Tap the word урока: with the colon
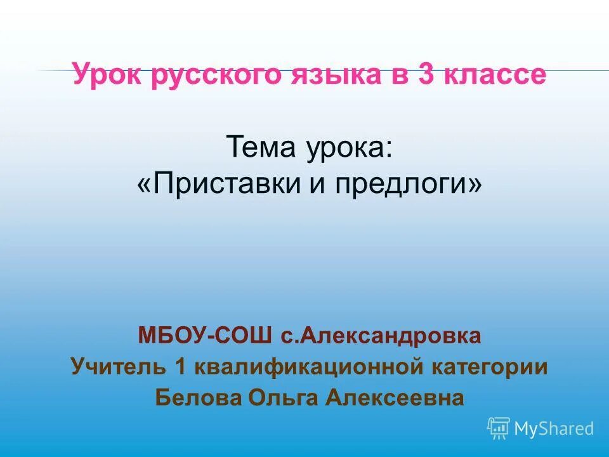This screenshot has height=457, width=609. pyautogui.click(x=350, y=149)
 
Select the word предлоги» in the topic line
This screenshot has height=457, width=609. pyautogui.click(x=409, y=185)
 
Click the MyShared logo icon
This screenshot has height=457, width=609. pyautogui.click(x=499, y=428)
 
